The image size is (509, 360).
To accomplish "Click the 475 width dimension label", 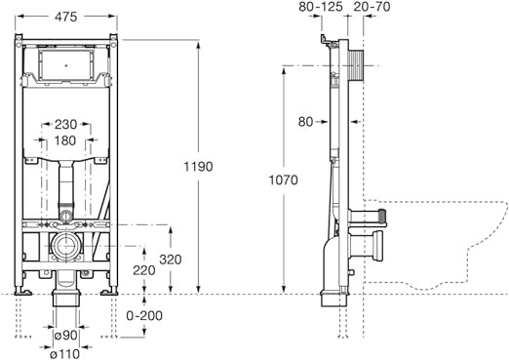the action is [65, 17].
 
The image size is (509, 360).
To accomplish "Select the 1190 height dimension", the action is [198, 167].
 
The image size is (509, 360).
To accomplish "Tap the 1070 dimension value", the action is [283, 180].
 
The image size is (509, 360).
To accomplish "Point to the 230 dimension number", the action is [65, 124].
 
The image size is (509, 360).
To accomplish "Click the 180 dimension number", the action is [65, 140].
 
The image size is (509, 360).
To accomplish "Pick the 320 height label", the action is [171, 260].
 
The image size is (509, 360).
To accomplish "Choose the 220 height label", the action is [144, 270].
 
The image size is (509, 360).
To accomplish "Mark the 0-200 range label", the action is [144, 315].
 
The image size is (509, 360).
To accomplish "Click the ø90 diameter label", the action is [66, 335].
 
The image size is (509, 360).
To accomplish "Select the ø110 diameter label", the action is [66, 353].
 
